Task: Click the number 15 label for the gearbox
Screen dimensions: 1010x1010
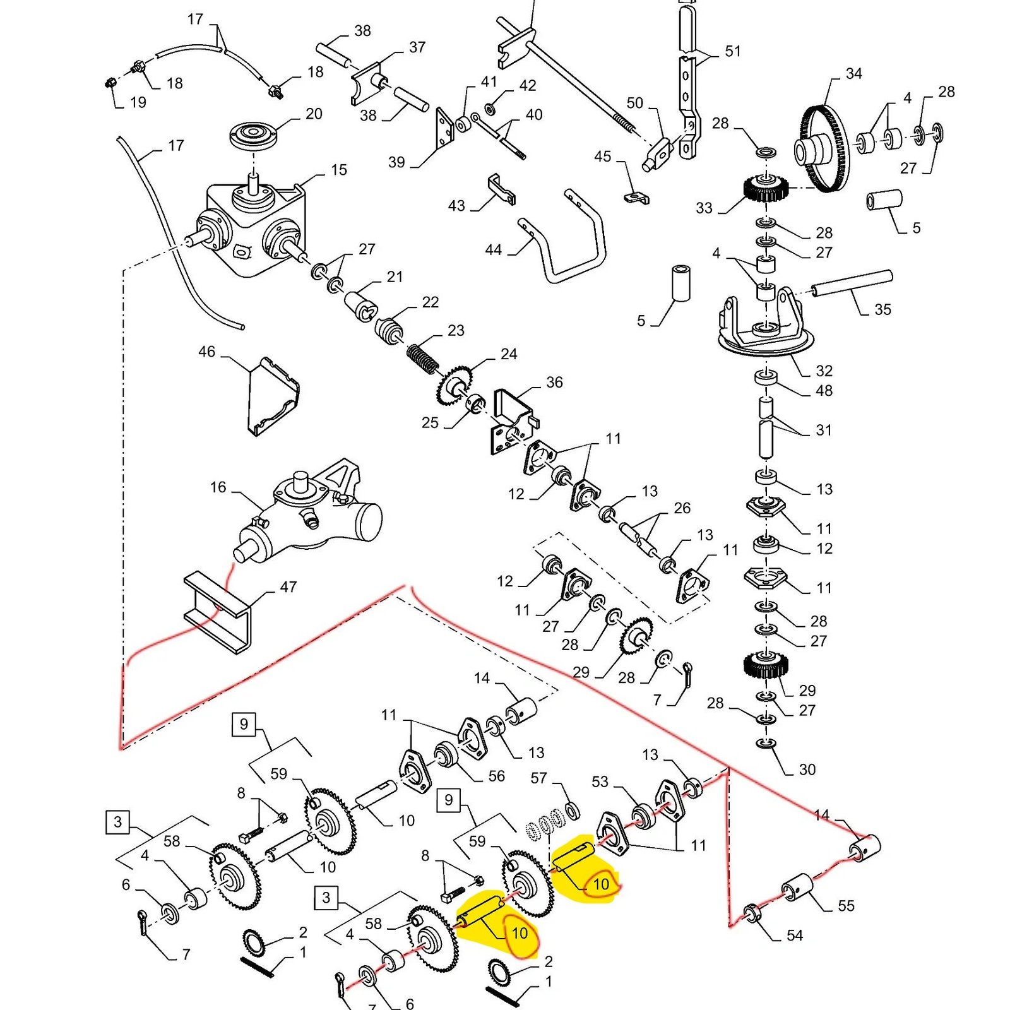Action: tap(339, 170)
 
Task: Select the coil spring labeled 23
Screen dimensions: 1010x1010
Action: tap(422, 359)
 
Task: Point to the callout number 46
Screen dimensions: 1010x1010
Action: tap(206, 352)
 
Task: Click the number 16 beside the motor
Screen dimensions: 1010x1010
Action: tap(218, 487)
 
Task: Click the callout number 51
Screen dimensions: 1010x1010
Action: tap(732, 50)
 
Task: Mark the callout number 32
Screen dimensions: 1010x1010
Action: tap(824, 371)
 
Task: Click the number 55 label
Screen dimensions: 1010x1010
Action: tap(846, 906)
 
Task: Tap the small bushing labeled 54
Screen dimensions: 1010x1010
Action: tap(752, 913)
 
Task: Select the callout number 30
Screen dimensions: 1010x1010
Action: tap(807, 769)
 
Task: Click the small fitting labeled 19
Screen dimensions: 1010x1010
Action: tap(110, 83)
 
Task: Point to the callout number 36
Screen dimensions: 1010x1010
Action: tap(554, 382)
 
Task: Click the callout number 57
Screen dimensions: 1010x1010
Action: tap(538, 778)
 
